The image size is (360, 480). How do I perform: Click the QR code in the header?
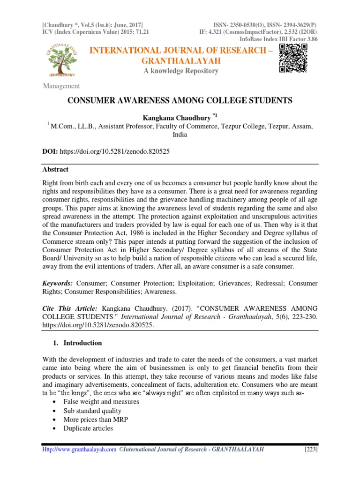tap(293, 59)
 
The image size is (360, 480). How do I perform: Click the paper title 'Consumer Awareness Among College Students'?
tap(180, 101)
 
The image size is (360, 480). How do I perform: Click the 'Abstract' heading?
tap(55, 170)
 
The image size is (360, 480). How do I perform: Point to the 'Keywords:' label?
tap(58, 284)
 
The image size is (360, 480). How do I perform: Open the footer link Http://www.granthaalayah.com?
tap(79, 450)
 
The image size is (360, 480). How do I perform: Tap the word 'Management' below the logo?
tap(61, 86)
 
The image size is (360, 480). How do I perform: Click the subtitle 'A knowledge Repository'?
tap(180, 71)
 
